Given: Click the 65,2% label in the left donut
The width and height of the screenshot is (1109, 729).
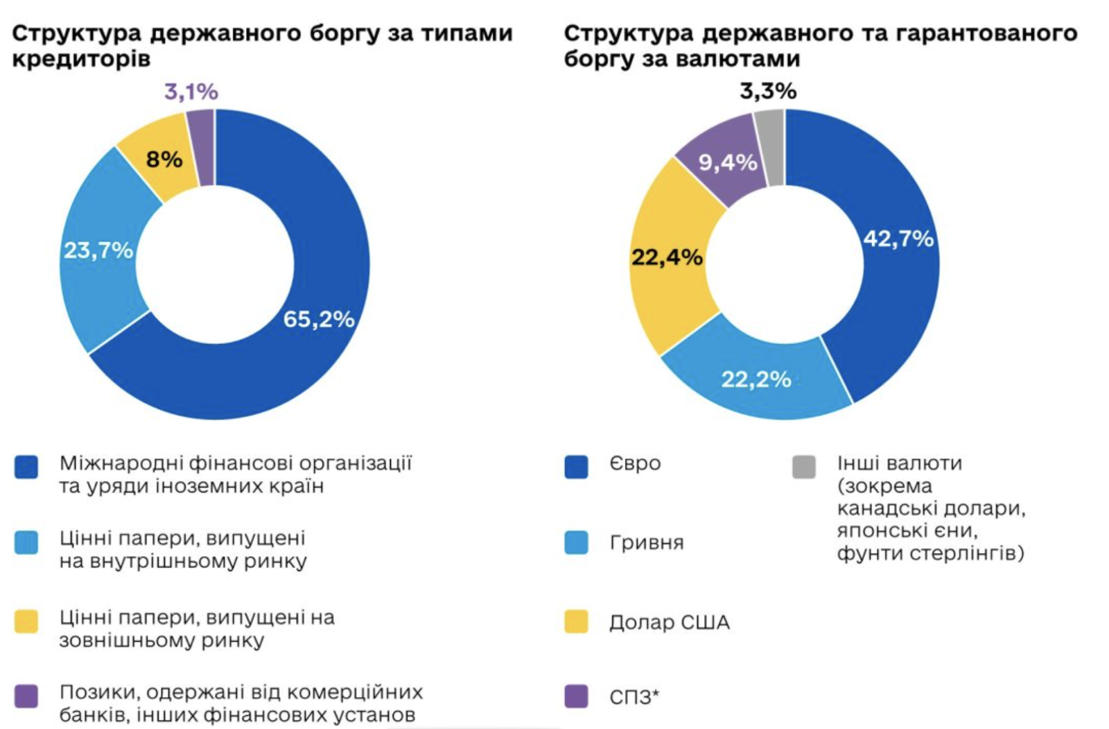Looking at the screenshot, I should (319, 319).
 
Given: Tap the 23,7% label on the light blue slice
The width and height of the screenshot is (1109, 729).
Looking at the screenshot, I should (98, 250).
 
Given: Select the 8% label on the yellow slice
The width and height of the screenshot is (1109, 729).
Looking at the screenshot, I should (164, 160).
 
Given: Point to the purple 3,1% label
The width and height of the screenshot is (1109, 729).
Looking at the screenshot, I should (191, 92).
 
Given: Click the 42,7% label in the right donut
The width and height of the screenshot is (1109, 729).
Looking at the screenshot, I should (898, 239).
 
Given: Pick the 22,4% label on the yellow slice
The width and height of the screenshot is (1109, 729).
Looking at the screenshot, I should (667, 258).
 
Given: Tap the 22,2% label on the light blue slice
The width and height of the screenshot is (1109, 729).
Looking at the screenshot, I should (756, 379).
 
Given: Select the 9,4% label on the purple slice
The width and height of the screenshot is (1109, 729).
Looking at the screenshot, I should (728, 162).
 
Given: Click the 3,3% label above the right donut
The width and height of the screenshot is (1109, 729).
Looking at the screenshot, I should (768, 91).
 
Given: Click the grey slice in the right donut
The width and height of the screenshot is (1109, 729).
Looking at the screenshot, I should (770, 147).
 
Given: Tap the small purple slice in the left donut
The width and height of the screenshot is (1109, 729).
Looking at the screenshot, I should (201, 147).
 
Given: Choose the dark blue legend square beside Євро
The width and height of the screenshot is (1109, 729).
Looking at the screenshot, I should (576, 467).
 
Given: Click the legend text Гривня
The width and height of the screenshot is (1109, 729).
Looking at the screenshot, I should (647, 542).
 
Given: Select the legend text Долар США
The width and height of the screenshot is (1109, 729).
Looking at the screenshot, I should (670, 623).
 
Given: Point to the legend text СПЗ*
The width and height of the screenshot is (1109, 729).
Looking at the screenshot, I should (634, 697).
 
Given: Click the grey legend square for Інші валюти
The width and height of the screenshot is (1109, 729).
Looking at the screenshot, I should (804, 467).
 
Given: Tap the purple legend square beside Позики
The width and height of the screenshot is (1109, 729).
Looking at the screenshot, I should (26, 696).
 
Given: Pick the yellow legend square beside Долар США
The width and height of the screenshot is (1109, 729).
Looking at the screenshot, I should (576, 621).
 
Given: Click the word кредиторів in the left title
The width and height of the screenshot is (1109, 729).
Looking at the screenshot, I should (81, 60).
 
